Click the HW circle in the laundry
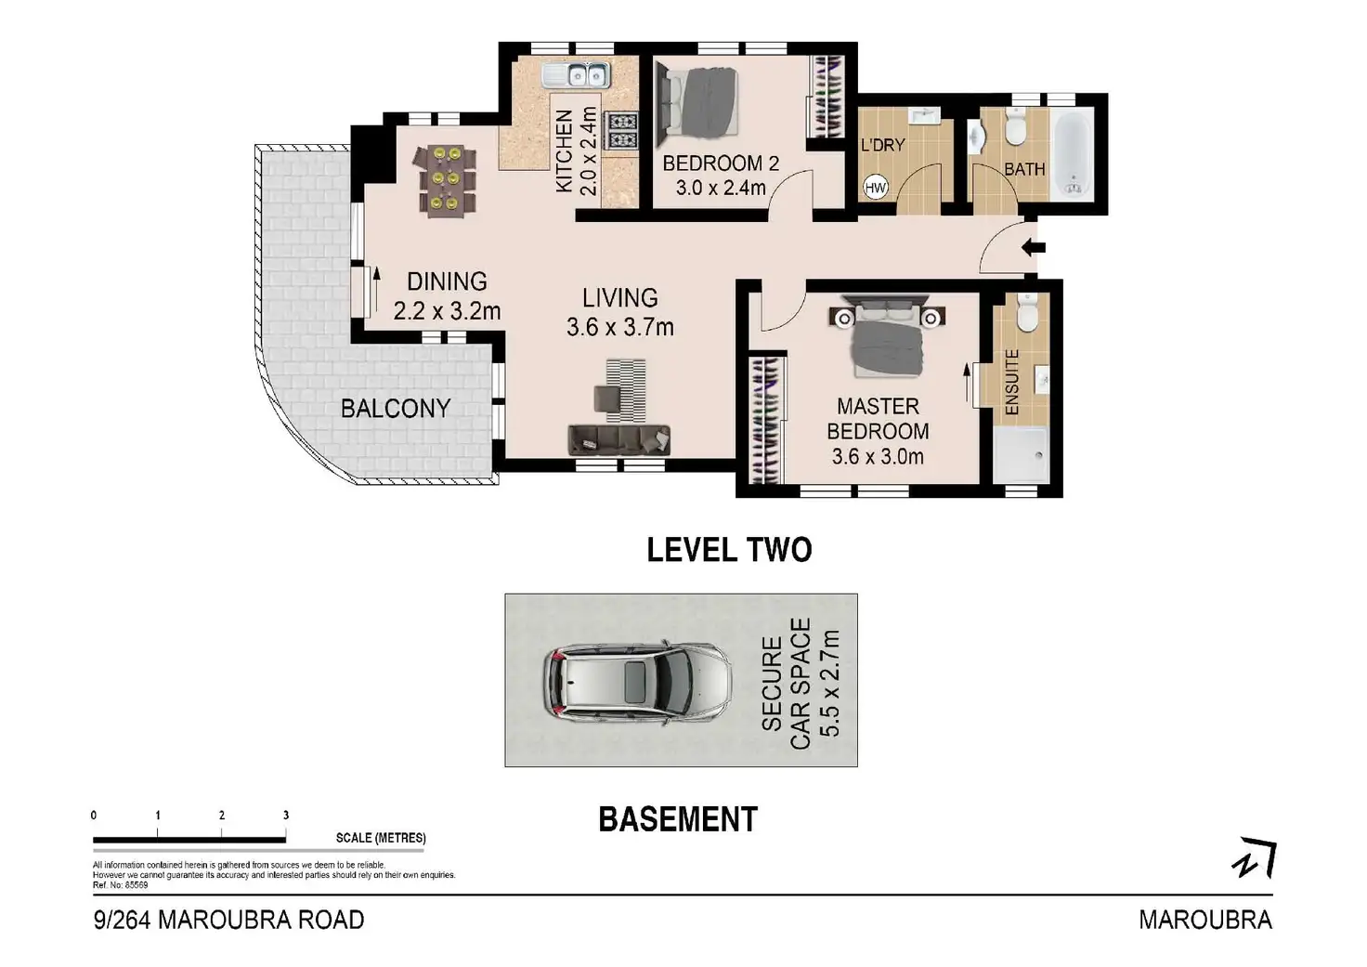click(875, 188)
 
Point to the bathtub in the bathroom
click(1074, 153)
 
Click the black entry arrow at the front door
click(1034, 248)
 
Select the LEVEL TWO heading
click(729, 550)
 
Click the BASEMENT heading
click(678, 819)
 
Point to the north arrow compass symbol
click(1255, 859)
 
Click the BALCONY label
click(395, 409)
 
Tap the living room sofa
click(618, 438)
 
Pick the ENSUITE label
click(1012, 382)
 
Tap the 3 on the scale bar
click(286, 816)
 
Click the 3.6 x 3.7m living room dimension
click(619, 327)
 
